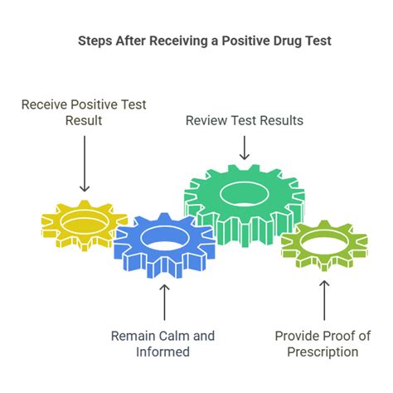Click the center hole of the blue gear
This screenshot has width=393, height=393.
click(165, 237)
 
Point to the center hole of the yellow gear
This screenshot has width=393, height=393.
click(85, 222)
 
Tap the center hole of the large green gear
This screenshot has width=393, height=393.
click(245, 194)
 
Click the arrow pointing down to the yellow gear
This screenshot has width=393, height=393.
click(85, 163)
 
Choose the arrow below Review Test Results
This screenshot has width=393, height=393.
click(245, 148)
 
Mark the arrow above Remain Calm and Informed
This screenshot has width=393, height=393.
click(164, 303)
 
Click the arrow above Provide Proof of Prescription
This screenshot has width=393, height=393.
click(324, 301)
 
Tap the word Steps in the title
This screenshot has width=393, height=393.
click(95, 41)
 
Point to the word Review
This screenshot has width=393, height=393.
click(206, 120)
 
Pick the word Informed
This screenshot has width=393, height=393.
click(163, 352)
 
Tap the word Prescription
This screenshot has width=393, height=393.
click(323, 352)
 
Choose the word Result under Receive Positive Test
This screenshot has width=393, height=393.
click(84, 120)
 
